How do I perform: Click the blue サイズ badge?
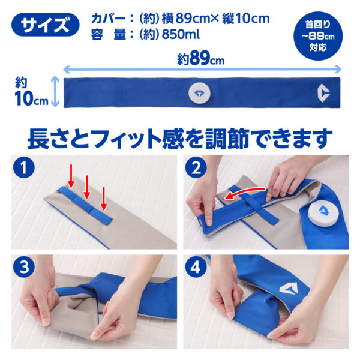pyautogui.click(x=45, y=25)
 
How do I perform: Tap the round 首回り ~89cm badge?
pyautogui.click(x=318, y=36)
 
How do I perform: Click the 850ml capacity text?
pyautogui.click(x=181, y=34)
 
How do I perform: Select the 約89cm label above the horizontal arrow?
pyautogui.click(x=200, y=59)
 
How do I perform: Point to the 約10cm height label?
pyautogui.click(x=31, y=92)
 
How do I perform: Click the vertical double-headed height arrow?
pyautogui.click(x=55, y=92)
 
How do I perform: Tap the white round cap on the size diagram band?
pyautogui.click(x=199, y=93)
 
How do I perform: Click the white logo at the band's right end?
pyautogui.click(x=323, y=93)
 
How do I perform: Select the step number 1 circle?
pyautogui.click(x=23, y=167)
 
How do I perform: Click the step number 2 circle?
pyautogui.click(x=196, y=167)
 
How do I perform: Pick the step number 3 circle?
pyautogui.click(x=23, y=267)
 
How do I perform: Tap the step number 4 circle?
pyautogui.click(x=196, y=267)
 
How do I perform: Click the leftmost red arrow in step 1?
pyautogui.click(x=71, y=176)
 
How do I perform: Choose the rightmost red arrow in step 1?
pyautogui.click(x=104, y=199)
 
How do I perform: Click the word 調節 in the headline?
pyautogui.click(x=227, y=139)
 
